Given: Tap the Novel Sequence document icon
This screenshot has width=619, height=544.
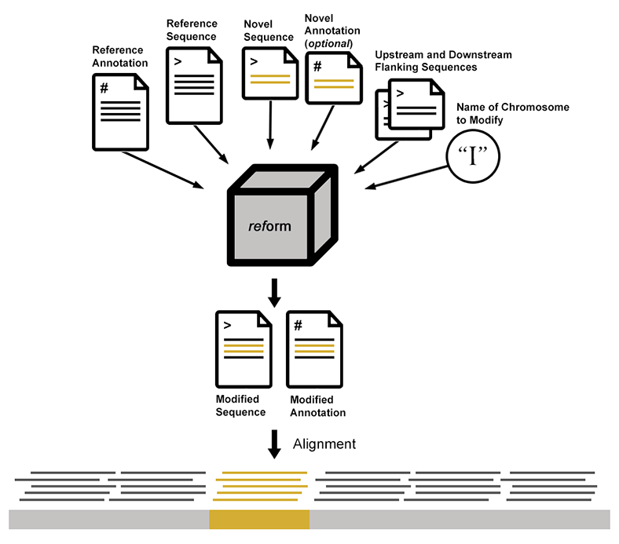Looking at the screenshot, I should coord(269,72).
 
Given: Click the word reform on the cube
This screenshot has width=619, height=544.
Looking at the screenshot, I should coord(269,226).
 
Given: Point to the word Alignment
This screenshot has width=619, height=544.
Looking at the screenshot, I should coord(324,444).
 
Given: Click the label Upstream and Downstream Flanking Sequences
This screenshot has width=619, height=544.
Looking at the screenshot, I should coord(443,60).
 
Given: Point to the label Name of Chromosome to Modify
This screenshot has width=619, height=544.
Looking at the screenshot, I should coord(512,112).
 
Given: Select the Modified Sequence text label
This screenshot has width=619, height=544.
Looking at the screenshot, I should coord(240,406).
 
